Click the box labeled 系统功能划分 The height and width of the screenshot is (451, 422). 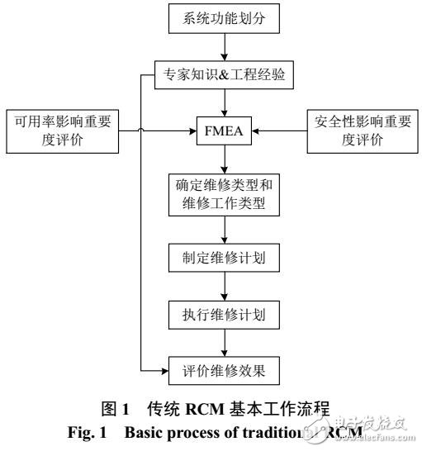pyautogui.click(x=218, y=18)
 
